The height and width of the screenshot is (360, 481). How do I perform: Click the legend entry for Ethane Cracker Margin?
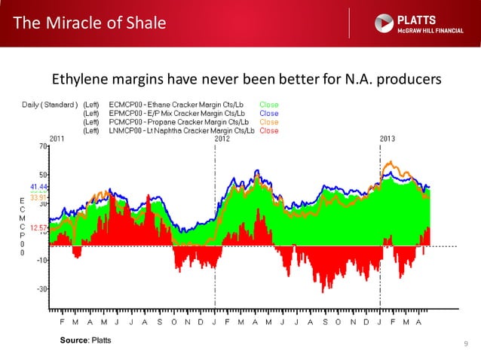tap(178, 104)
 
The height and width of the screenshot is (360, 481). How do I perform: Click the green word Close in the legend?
tap(269, 104)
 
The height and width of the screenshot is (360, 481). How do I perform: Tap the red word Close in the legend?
tap(269, 131)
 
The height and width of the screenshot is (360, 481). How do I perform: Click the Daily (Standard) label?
tap(48, 104)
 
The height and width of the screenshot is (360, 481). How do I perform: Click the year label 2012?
tap(222, 139)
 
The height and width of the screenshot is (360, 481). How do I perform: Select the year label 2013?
tap(387, 139)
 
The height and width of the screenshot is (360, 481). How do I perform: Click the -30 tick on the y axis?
tap(41, 288)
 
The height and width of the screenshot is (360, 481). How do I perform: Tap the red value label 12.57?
tap(38, 227)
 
